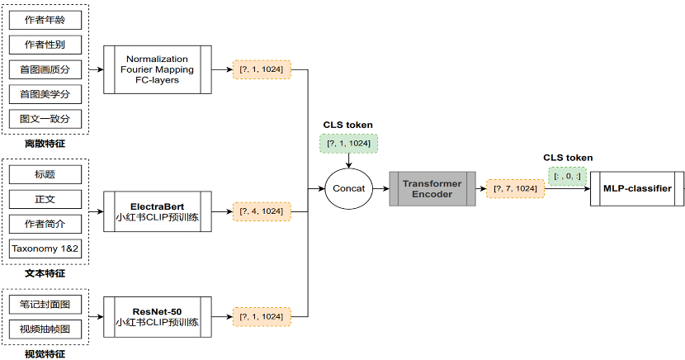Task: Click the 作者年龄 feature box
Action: pos(45,19)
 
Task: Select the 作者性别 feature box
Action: pos(45,44)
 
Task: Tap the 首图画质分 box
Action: pos(45,69)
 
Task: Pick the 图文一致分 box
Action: pos(45,118)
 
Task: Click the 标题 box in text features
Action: pos(45,174)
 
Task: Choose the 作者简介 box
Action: pos(45,224)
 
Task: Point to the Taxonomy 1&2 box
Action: pos(45,248)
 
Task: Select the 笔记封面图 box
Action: pos(45,305)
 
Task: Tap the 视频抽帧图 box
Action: pos(45,329)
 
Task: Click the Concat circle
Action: pos(348,188)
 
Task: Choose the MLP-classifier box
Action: pos(637,188)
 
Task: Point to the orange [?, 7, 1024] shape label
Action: pos(513,189)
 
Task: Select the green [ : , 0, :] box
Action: pos(567,176)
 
